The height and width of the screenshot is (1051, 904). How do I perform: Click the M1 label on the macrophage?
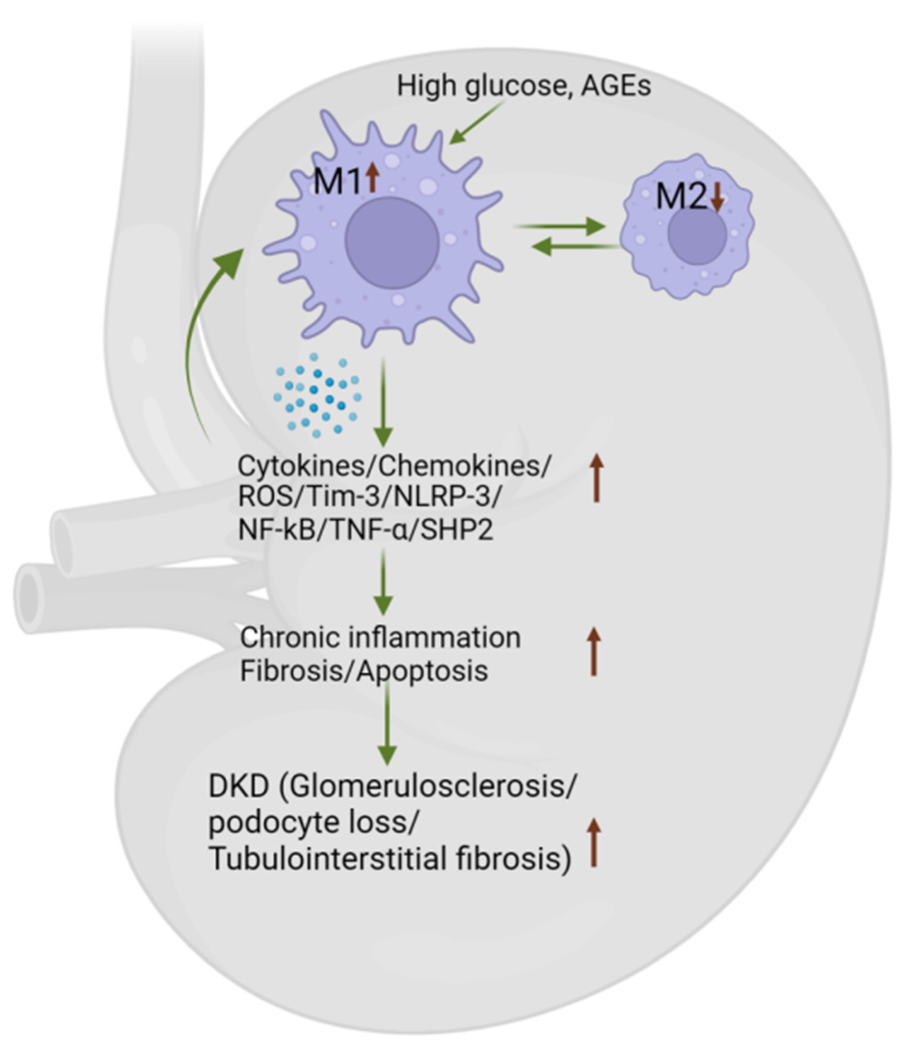(337, 182)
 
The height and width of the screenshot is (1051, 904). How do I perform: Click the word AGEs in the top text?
(615, 86)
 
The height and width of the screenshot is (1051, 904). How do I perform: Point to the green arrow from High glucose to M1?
(477, 122)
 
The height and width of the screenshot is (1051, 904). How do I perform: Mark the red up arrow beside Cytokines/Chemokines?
(596, 478)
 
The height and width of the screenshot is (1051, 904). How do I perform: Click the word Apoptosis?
(422, 671)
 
